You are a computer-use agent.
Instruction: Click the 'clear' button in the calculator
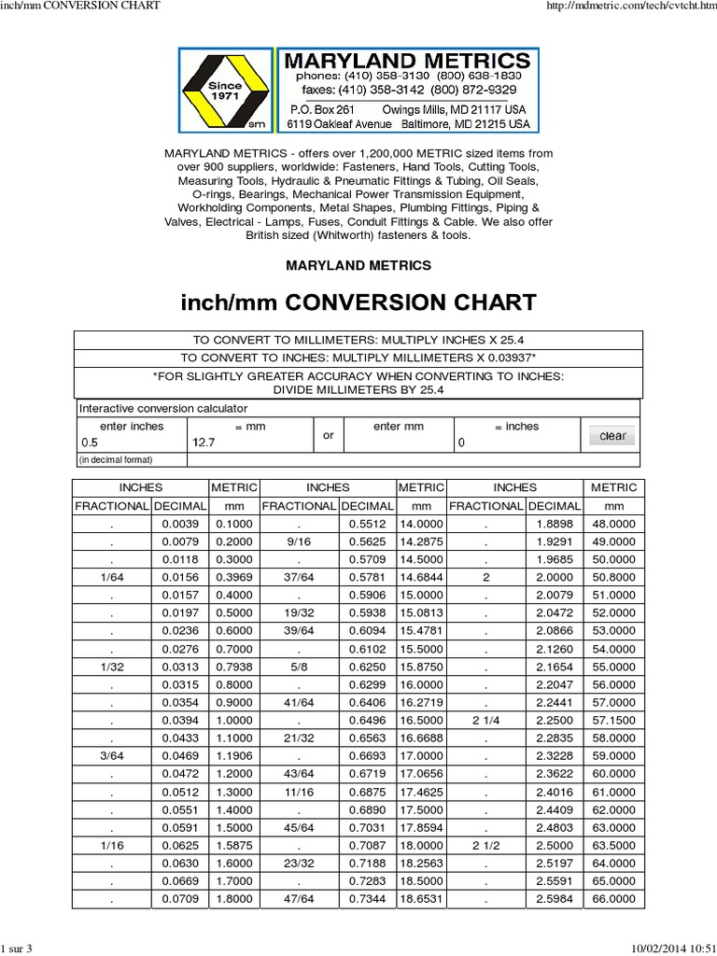pos(612,436)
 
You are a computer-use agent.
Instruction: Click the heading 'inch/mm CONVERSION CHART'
pos(358,302)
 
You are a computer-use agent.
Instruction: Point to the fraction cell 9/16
pos(298,541)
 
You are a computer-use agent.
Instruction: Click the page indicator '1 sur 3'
pos(17,949)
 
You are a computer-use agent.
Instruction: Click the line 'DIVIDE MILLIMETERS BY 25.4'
pos(358,389)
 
